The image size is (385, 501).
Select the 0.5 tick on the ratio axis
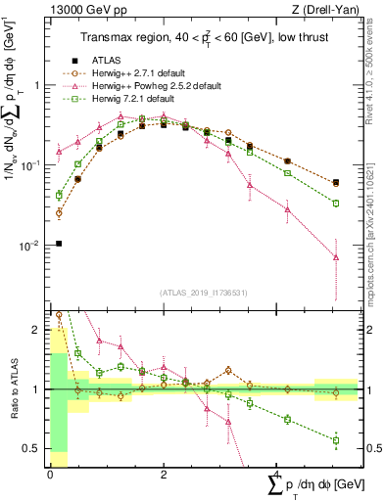(31, 448)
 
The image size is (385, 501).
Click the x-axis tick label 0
(50, 474)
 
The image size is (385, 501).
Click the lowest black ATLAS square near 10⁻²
(59, 244)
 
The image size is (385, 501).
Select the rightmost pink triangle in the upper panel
(336, 257)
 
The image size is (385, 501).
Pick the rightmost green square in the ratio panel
(336, 440)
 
